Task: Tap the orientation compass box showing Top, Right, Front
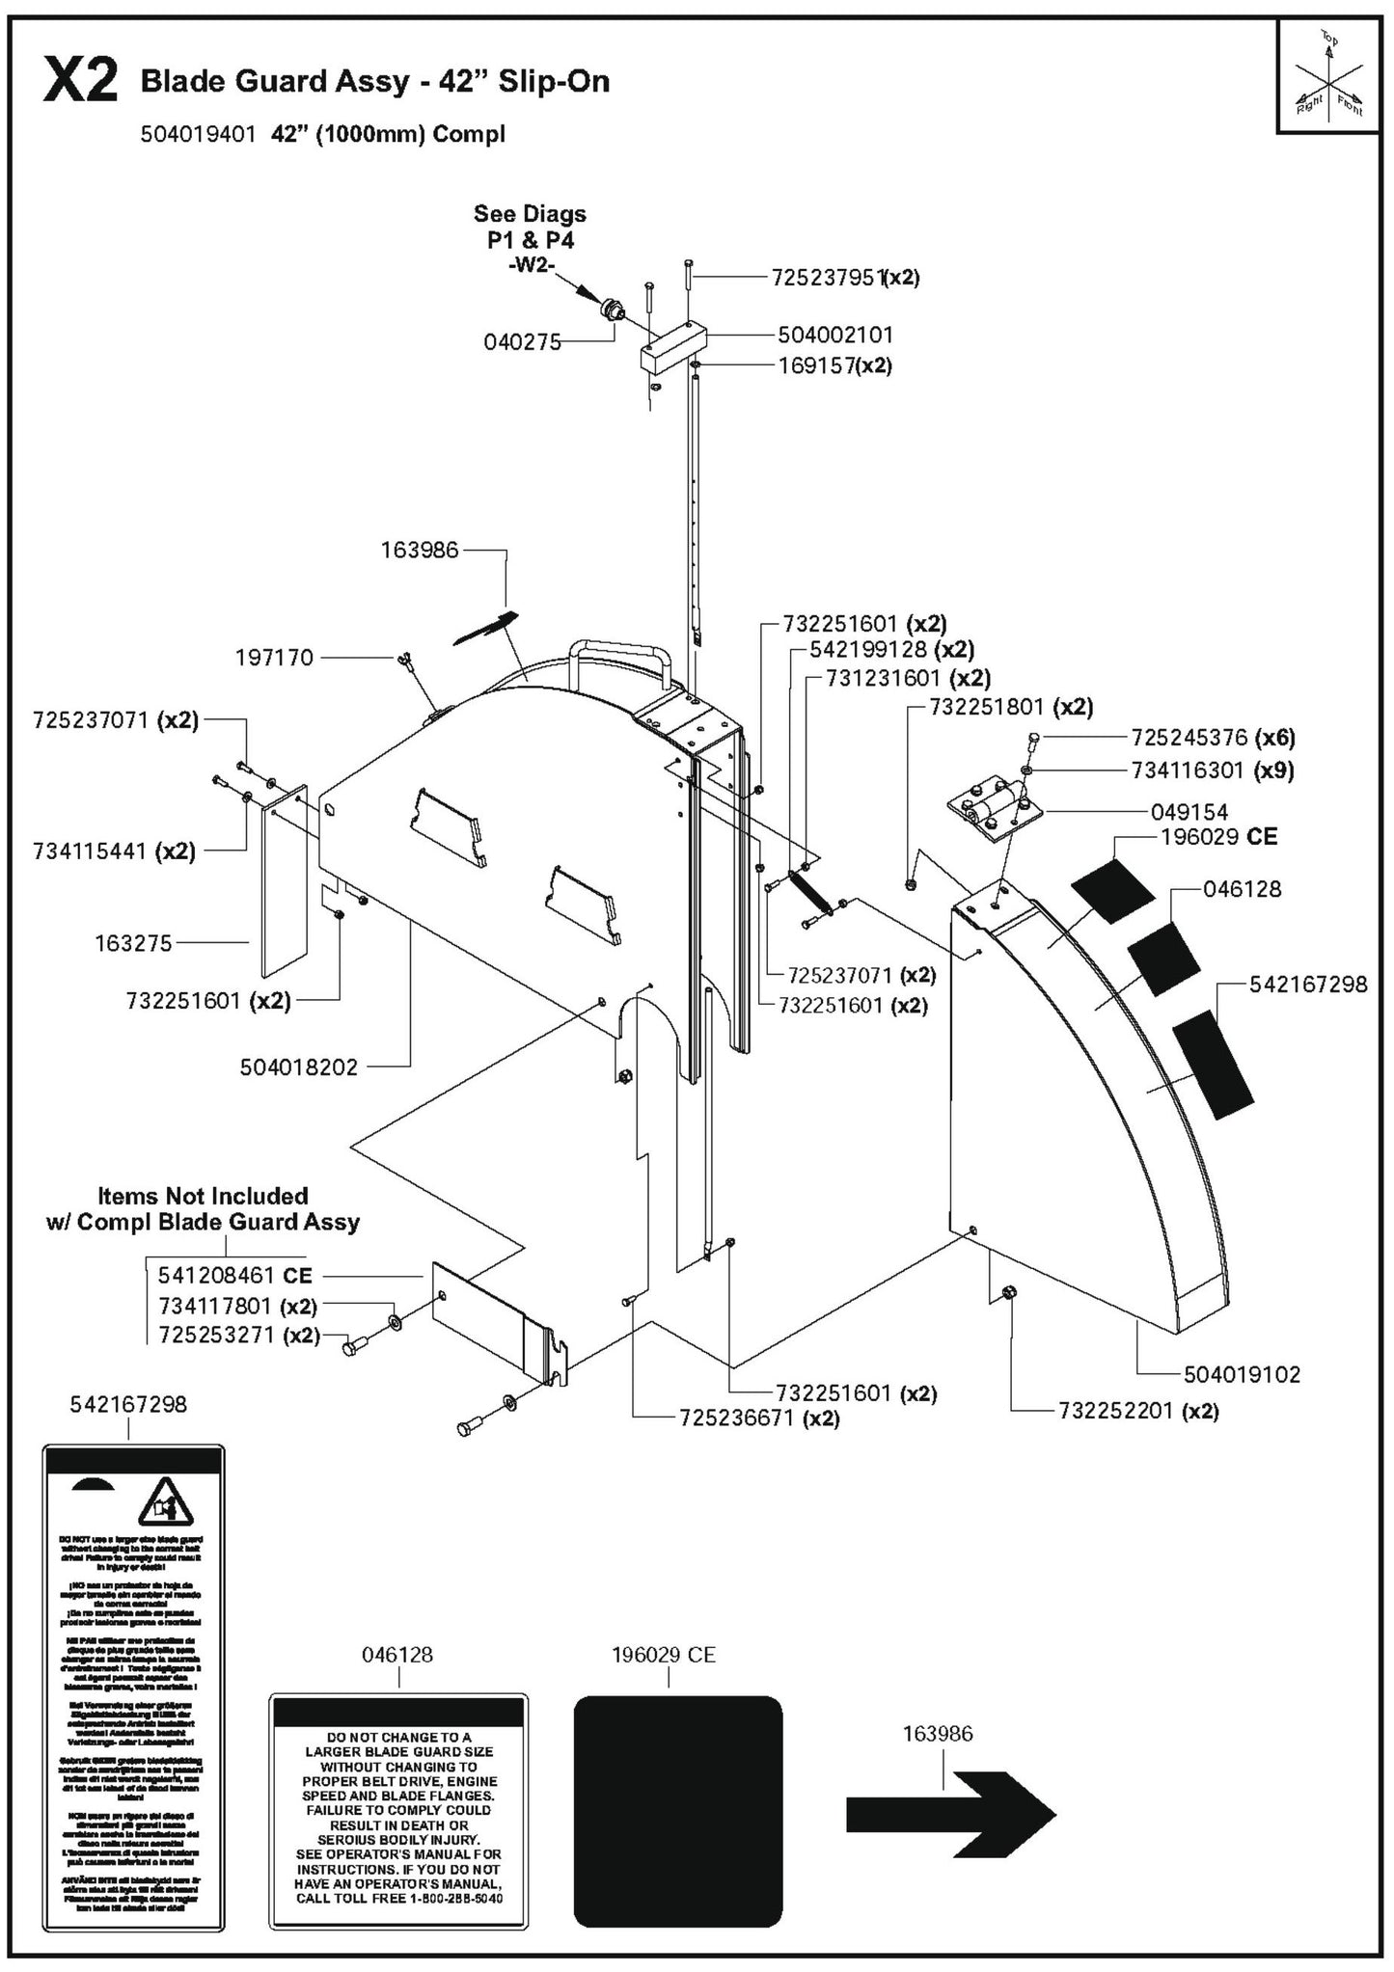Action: (x=1328, y=76)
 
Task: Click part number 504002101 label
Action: (x=834, y=336)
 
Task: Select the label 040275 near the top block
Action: (x=522, y=342)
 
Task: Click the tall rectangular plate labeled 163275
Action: (x=284, y=880)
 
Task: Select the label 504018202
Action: (x=298, y=1067)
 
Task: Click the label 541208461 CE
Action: (x=234, y=1275)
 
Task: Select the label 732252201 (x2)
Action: (x=1137, y=1411)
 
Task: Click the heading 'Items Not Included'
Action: (x=203, y=1196)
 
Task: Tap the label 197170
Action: (x=274, y=658)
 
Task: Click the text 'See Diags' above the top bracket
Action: (x=529, y=213)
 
